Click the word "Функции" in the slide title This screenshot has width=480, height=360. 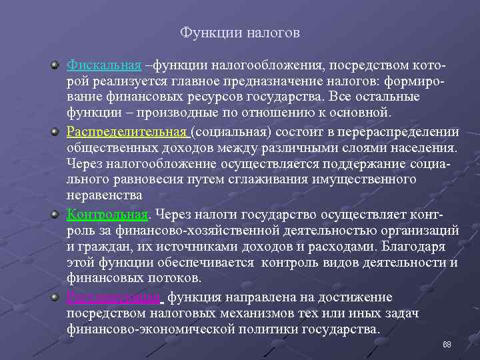pos(205,32)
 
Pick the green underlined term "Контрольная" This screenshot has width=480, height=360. pos(107,214)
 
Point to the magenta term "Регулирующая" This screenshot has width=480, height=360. pos(113,297)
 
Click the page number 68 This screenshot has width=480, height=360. pos(447,344)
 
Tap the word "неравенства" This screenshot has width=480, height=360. pos(105,195)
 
